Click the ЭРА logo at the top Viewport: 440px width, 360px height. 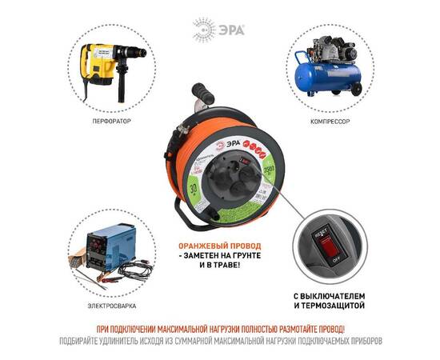click(x=219, y=29)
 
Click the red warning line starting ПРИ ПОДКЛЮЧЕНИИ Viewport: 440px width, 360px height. click(x=219, y=329)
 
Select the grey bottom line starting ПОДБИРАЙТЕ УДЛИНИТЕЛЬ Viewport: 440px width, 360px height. click(x=219, y=341)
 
